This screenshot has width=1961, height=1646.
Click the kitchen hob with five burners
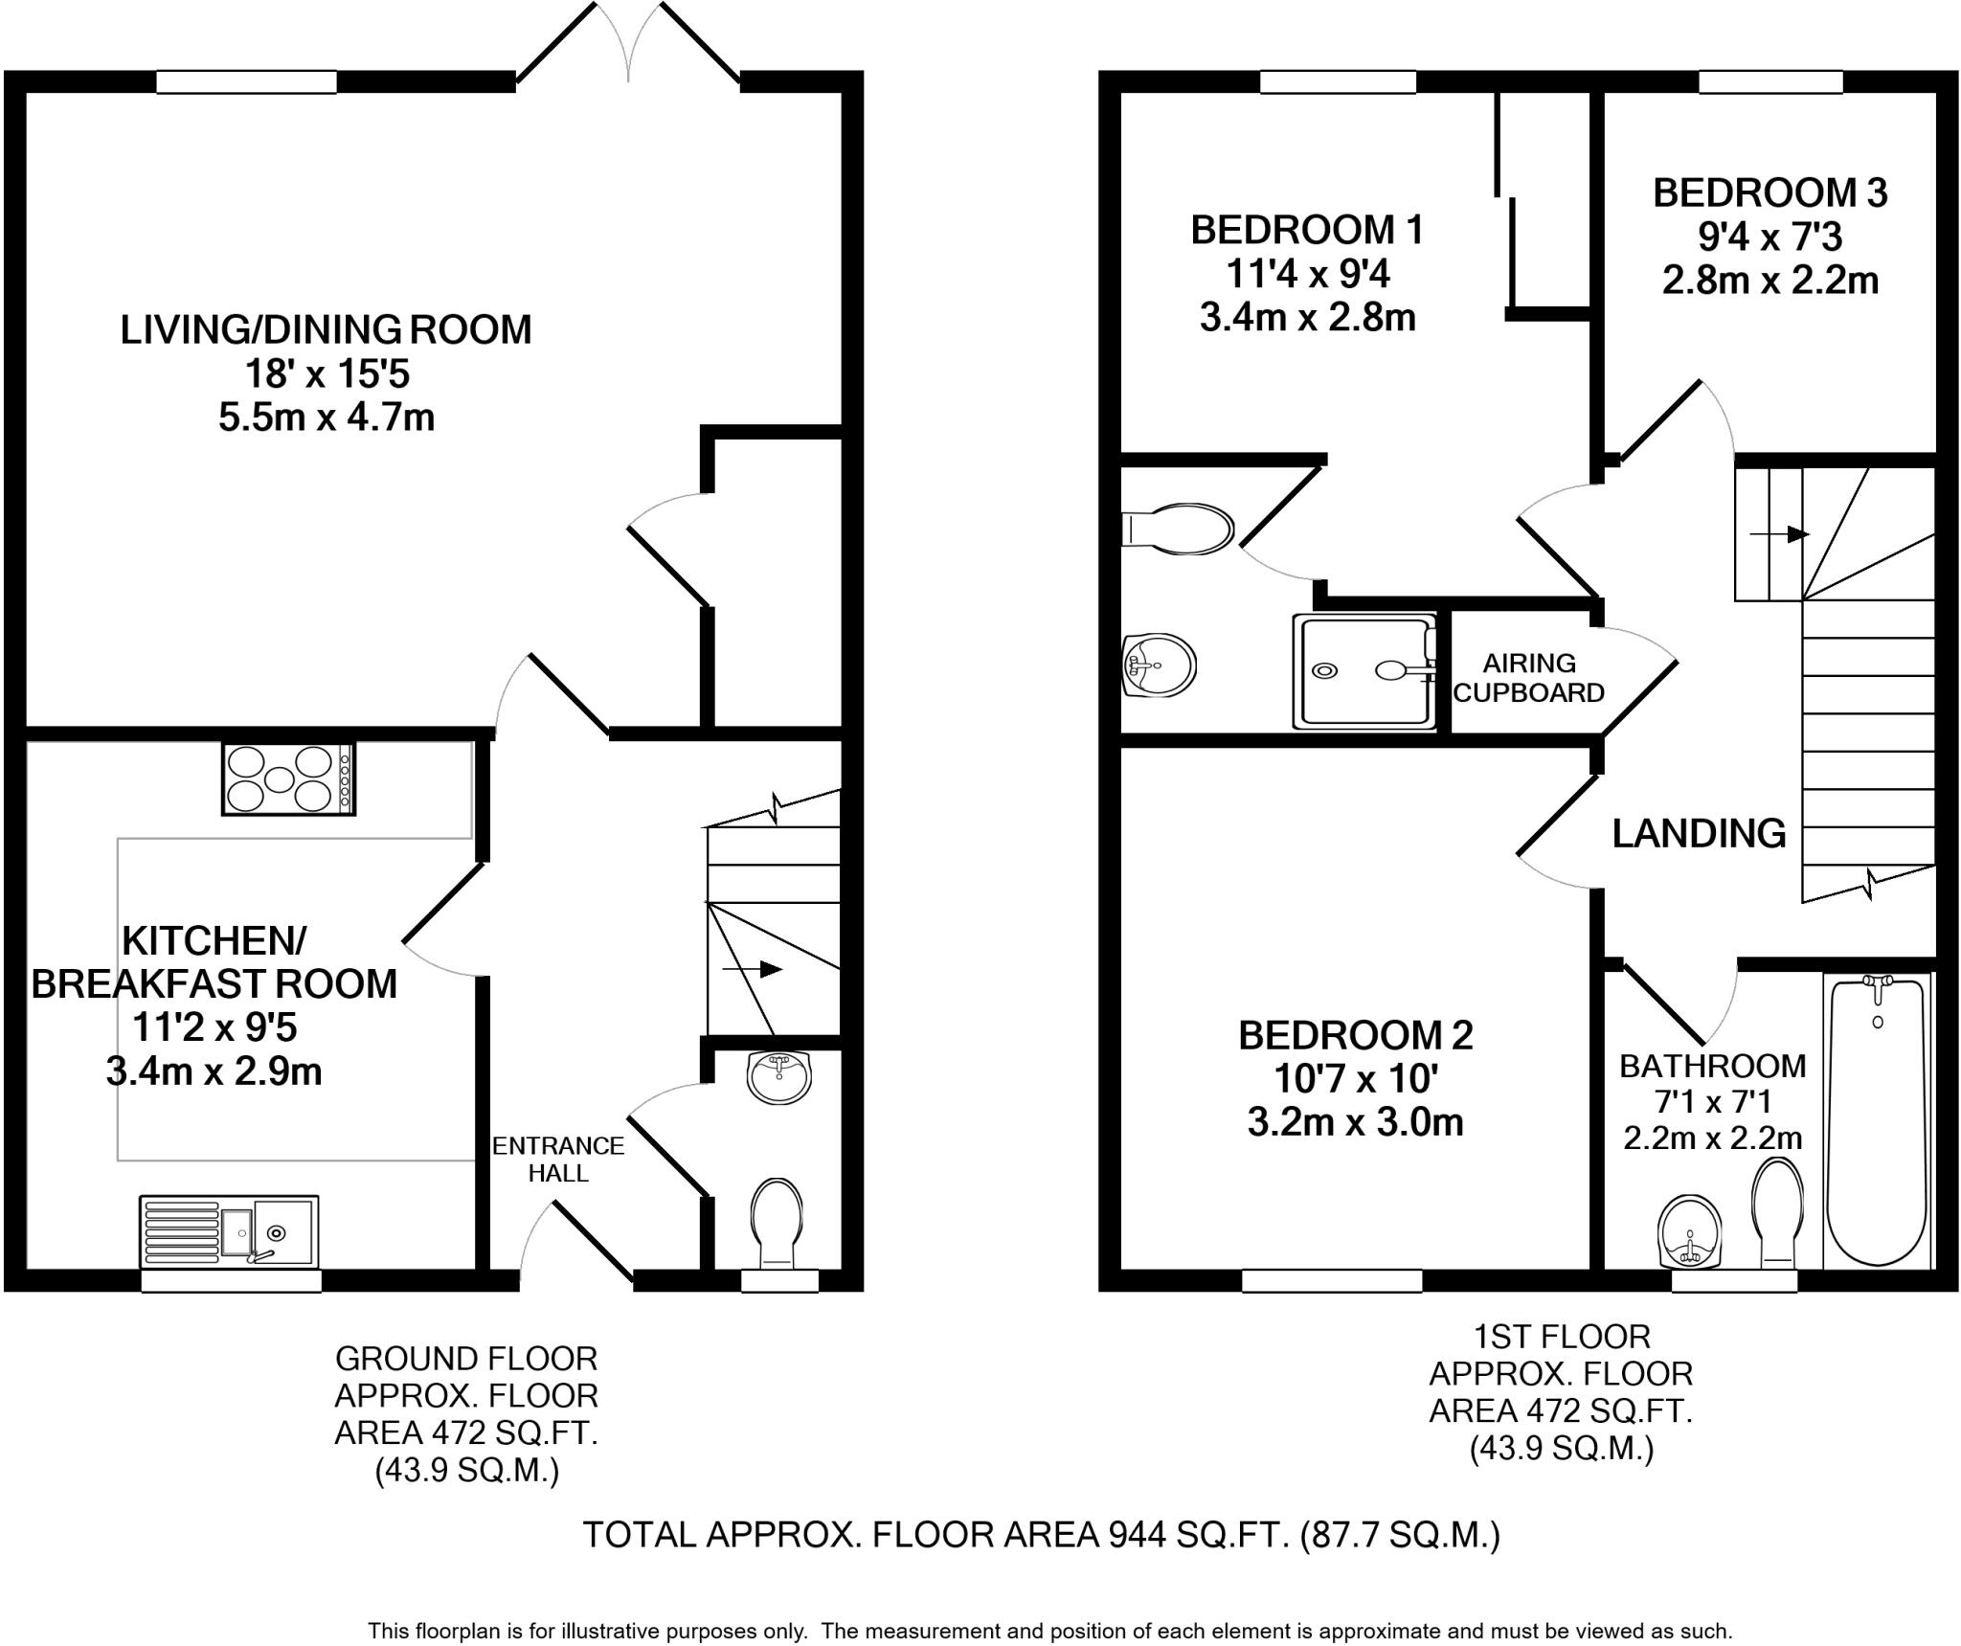(x=288, y=778)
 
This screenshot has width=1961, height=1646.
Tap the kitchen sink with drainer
(x=230, y=1230)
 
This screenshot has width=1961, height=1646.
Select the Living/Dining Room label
(x=326, y=329)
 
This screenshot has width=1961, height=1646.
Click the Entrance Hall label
(x=558, y=1159)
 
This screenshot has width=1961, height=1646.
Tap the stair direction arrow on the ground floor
(x=753, y=970)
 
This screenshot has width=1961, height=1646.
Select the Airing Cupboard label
(x=1529, y=677)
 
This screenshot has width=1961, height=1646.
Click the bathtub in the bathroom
(x=1877, y=1121)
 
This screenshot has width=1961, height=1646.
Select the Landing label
(x=1699, y=833)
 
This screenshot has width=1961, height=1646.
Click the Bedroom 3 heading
(x=1770, y=192)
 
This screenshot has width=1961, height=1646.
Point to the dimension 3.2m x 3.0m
(x=1355, y=1121)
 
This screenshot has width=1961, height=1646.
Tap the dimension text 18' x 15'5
(x=327, y=373)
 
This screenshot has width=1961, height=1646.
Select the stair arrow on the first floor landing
(x=1779, y=533)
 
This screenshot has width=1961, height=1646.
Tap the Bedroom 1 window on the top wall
(x=1338, y=83)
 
